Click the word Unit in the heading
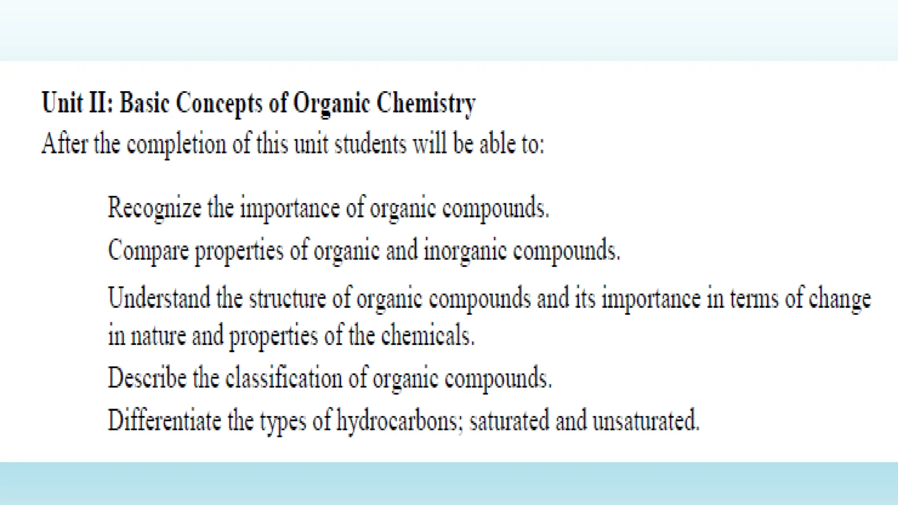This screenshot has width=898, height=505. coord(62,103)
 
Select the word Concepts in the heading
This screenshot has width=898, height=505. coord(219,103)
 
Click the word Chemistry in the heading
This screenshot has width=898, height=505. coord(426,103)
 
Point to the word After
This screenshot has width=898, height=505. coord(64,143)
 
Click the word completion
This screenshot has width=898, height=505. coord(176,144)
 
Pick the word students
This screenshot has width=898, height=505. coord(371,143)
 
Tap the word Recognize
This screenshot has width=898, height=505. coord(154,208)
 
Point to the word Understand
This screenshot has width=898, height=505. coord(159,298)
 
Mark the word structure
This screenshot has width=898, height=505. coord(288,298)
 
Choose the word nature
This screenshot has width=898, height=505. coord(158,335)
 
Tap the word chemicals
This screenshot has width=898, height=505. coord(428,335)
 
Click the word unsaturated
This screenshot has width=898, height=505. coord(645,420)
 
